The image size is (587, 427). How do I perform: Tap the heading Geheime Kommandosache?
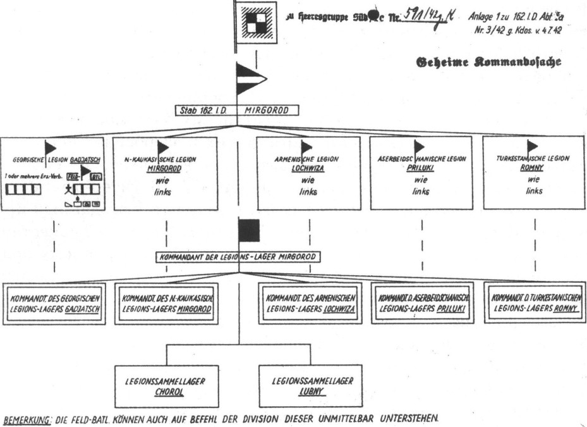click(x=486, y=62)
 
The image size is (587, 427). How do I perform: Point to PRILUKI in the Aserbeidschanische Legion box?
click(x=421, y=170)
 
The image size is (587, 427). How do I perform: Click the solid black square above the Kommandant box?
click(x=249, y=231)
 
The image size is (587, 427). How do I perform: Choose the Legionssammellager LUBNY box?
click(x=313, y=385)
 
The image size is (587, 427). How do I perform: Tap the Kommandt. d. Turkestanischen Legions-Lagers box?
click(x=534, y=303)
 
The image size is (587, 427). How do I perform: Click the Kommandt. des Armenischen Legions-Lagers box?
click(x=310, y=303)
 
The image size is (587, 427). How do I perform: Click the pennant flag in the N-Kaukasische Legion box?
click(x=162, y=148)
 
